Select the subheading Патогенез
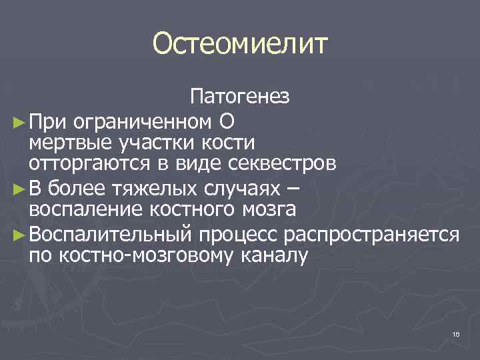(240, 98)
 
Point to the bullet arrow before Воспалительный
(18, 235)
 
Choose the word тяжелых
(147, 189)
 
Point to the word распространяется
(372, 235)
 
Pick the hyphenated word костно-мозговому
(155, 256)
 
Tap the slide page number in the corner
(456, 334)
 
